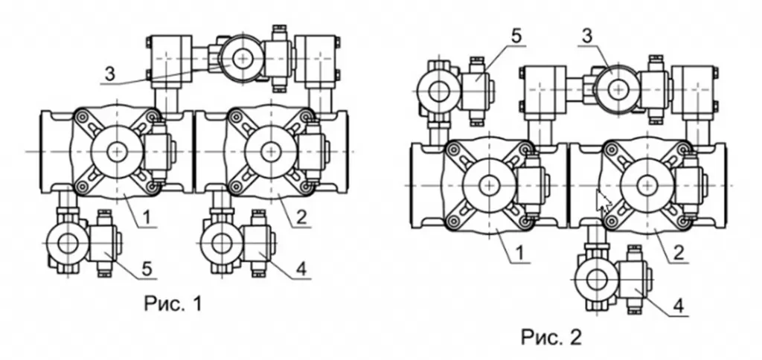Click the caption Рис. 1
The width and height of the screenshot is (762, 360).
173,303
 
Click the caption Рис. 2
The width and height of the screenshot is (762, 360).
551,337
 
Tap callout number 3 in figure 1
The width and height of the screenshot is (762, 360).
110,74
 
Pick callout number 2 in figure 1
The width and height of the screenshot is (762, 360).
301,218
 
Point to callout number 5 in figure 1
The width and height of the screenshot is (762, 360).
148,269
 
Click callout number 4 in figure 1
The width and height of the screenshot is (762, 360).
302,269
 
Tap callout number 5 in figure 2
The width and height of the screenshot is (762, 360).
516,36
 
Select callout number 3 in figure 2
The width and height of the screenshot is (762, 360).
588,36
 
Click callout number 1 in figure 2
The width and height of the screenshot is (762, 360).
520,253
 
